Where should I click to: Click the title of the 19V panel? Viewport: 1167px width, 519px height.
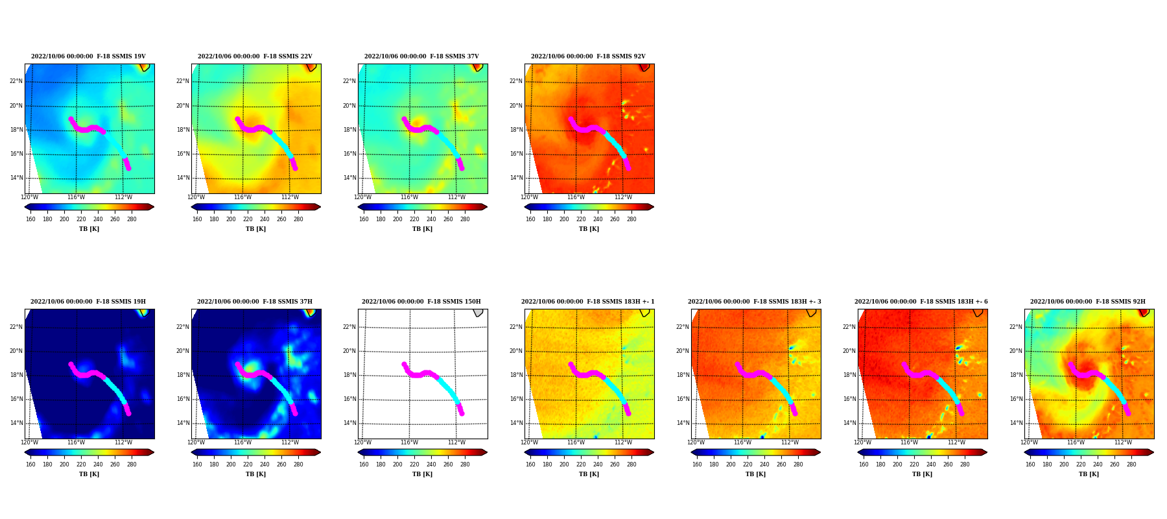pos(88,56)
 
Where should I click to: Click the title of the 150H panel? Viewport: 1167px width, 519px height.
pos(421,302)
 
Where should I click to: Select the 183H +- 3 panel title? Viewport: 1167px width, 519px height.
pos(755,302)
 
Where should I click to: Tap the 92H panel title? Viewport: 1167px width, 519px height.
pos(1088,302)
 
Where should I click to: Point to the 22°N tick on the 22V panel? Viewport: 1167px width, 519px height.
pos(183,81)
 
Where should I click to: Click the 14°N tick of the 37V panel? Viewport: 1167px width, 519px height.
pos(349,178)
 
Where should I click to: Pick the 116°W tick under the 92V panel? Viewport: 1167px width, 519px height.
pos(576,197)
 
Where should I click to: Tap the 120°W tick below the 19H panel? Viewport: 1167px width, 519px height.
pos(29,442)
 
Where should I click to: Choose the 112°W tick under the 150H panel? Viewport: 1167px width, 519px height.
pos(456,442)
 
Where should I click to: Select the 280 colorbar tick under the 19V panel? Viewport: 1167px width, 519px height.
pos(132,219)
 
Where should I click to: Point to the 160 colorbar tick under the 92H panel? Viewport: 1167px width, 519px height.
pos(1030,465)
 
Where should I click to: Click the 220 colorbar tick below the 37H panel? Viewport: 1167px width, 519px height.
pos(248,465)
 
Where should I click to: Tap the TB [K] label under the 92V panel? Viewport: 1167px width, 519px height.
pos(589,229)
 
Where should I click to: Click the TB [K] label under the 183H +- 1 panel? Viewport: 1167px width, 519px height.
pos(589,474)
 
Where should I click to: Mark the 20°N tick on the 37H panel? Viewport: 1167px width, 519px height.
pos(183,351)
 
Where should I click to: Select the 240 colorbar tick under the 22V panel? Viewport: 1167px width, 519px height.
pos(265,219)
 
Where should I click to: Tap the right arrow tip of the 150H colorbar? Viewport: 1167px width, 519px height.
pos(488,452)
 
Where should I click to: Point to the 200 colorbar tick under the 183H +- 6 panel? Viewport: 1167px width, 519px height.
pos(897,465)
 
